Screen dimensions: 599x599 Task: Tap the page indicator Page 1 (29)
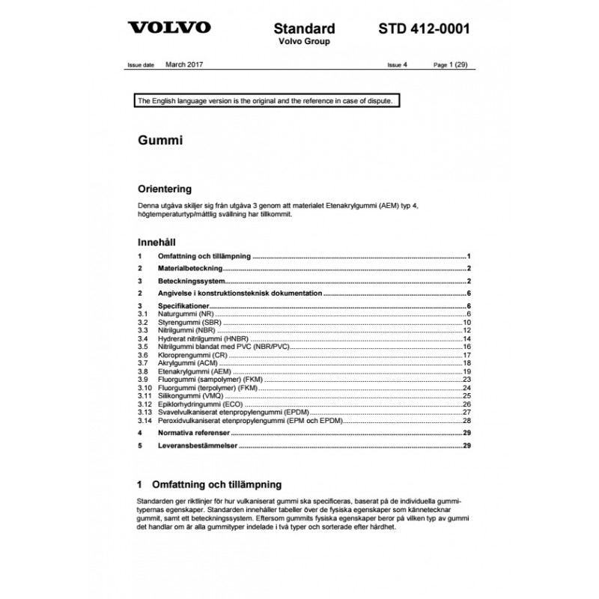(x=451, y=65)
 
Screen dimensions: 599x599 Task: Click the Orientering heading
(x=165, y=189)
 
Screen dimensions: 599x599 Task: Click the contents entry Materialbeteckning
(x=190, y=267)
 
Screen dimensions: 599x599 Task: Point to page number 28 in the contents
(x=466, y=421)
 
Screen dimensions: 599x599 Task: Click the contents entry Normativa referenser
(x=194, y=433)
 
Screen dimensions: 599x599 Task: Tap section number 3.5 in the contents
(x=143, y=347)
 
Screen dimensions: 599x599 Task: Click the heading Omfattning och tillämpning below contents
(x=216, y=484)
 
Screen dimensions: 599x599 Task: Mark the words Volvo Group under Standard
(x=304, y=42)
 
